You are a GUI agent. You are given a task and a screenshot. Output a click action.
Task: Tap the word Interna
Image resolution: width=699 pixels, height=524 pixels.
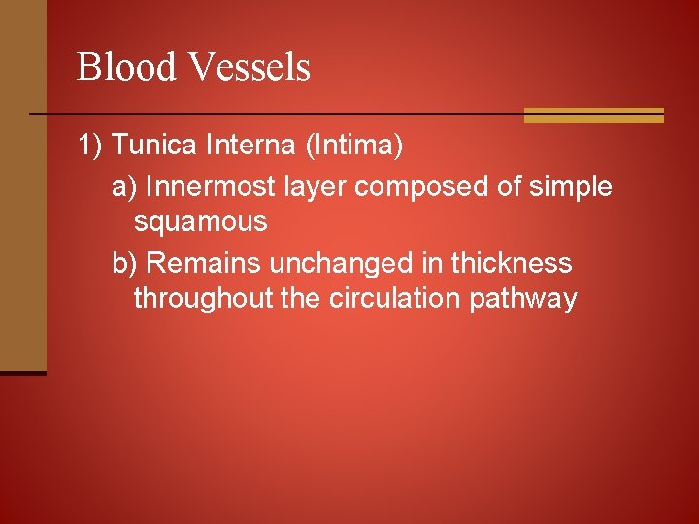point(250,147)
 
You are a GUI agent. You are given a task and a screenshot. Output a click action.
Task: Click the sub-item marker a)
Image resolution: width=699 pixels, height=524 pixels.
point(124,186)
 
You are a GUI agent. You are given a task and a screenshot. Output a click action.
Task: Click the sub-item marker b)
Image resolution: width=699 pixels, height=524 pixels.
point(124,263)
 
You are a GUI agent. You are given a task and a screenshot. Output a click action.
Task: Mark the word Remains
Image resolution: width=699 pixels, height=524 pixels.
point(204,263)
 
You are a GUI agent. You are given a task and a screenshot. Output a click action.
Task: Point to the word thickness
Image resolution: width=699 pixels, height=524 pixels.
point(512,263)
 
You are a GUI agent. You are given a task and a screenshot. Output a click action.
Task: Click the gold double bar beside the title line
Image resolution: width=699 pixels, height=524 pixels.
point(593,115)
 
